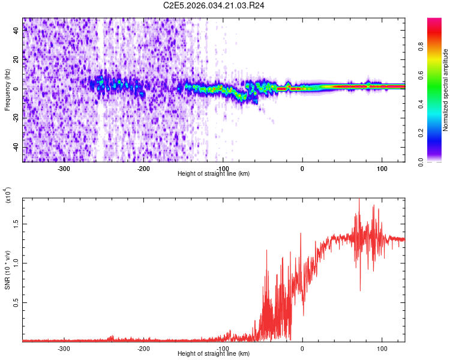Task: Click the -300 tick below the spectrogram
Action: tap(64, 168)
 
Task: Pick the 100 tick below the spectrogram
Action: tap(382, 168)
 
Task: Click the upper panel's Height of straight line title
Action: tap(214, 173)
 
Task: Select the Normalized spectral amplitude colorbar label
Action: tap(446, 90)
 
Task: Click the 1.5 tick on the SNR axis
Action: tap(16, 223)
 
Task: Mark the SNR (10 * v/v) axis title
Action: tap(7, 270)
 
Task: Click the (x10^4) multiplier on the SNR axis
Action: tap(8, 196)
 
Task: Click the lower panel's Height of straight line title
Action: tap(214, 353)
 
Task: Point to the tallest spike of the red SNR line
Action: tap(359, 200)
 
